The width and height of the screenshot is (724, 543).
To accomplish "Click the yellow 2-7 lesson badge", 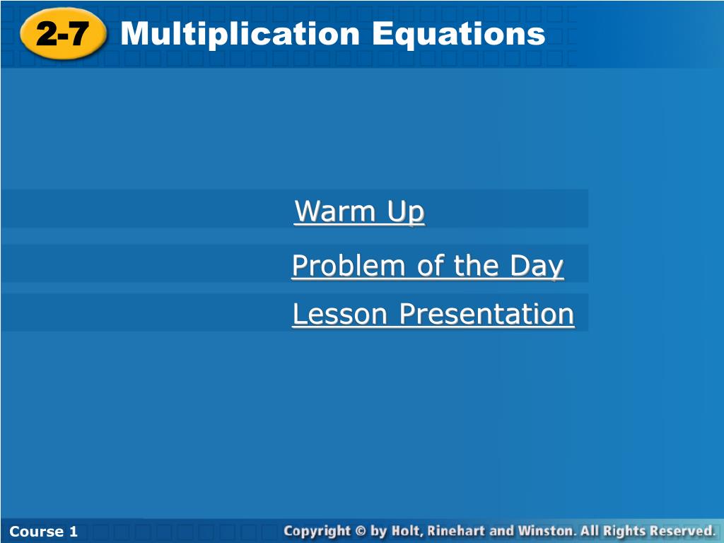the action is click(x=63, y=34).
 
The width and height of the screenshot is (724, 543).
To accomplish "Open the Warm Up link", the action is click(x=359, y=211).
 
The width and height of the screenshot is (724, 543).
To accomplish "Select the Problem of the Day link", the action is click(x=428, y=266).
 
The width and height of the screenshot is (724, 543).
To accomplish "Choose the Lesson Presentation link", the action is click(x=433, y=314).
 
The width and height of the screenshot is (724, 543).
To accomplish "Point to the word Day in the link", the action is click(x=537, y=267).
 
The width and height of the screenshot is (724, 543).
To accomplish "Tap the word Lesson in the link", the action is click(x=340, y=314).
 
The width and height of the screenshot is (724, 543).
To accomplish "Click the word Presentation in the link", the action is click(x=486, y=314).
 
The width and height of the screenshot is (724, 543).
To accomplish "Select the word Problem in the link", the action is click(x=349, y=266).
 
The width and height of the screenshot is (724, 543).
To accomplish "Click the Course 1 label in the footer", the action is click(x=43, y=532).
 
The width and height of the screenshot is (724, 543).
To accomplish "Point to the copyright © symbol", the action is click(x=361, y=531).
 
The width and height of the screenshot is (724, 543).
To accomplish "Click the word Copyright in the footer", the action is click(x=317, y=532).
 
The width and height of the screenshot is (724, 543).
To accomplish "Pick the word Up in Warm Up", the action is click(x=406, y=212).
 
